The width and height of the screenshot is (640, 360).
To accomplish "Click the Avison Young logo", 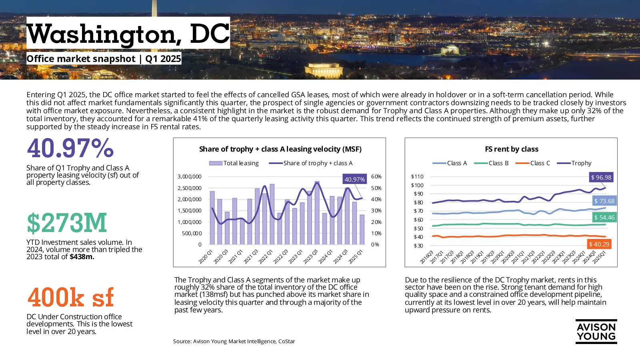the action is click(596, 332).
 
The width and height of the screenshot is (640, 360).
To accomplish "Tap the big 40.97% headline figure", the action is click(70, 148).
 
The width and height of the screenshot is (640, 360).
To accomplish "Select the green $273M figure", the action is click(67, 222).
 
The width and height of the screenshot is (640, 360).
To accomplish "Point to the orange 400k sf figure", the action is click(70, 297).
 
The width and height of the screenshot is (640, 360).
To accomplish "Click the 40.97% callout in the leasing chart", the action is click(354, 179).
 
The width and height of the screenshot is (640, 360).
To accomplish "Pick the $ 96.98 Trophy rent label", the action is click(601, 178).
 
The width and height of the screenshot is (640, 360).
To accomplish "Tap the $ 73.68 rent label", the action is click(604, 201).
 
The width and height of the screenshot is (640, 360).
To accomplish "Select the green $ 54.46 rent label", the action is click(604, 218).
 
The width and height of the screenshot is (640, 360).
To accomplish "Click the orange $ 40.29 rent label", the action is click(599, 244).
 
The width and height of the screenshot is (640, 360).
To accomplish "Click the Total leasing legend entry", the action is click(234, 163).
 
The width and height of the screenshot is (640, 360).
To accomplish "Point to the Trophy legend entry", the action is click(574, 163).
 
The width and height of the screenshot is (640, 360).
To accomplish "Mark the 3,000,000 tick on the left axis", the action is click(190, 176).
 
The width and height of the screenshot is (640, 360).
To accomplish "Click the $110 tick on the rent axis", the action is click(417, 176).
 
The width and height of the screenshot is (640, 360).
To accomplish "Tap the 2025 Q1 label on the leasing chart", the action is click(356, 256).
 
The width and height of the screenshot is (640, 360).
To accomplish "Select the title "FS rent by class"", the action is click(512, 149).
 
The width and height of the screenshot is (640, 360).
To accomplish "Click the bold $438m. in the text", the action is click(82, 256).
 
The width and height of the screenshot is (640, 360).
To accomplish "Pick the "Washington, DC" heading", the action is click(128, 34).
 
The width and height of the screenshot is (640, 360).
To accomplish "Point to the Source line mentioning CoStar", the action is click(234, 341).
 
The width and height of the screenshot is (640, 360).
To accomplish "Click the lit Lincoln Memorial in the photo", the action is click(324, 70).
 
